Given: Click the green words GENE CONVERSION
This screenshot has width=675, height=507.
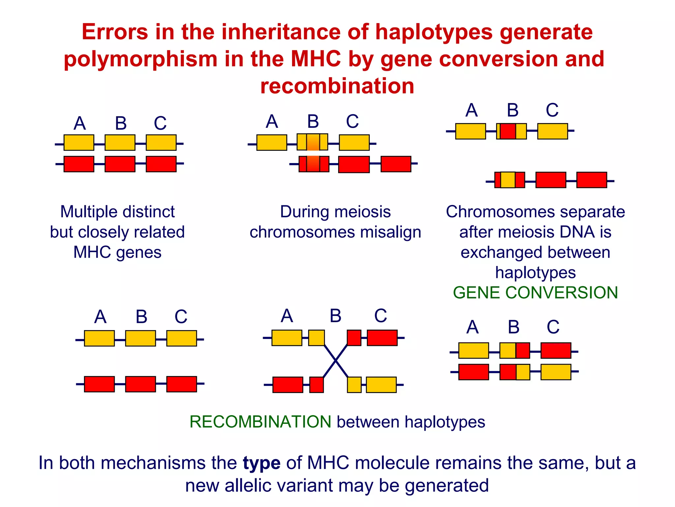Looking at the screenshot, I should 535,293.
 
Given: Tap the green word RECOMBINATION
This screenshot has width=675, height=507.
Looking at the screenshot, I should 260,422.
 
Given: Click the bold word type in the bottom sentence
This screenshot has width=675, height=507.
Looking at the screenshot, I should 262,463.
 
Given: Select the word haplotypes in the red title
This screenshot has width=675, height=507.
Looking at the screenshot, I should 434,32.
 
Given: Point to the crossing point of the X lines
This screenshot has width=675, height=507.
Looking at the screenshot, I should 336,360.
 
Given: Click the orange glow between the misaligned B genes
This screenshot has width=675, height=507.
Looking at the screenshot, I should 313,153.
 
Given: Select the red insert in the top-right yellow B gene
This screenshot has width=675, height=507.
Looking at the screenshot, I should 508,131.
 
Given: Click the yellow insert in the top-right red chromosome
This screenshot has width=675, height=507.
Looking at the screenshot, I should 508,180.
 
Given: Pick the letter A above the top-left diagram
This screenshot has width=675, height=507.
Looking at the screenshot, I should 80,123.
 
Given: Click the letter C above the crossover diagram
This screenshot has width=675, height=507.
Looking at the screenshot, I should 380,316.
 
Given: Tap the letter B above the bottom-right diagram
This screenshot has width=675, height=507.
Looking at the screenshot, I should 514,327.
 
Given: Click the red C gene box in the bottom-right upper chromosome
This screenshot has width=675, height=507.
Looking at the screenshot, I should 556,351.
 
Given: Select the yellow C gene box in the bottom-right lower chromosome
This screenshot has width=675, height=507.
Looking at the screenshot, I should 556,372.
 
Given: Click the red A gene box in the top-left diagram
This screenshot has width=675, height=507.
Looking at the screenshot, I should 79,164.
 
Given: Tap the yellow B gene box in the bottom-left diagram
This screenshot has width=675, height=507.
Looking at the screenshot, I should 140,338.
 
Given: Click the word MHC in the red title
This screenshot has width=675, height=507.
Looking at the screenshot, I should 315,59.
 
